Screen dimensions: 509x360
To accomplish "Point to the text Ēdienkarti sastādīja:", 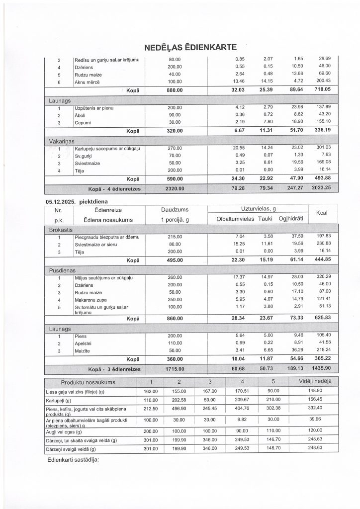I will click(72, 459).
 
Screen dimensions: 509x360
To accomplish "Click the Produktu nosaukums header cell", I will click(88, 382).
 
